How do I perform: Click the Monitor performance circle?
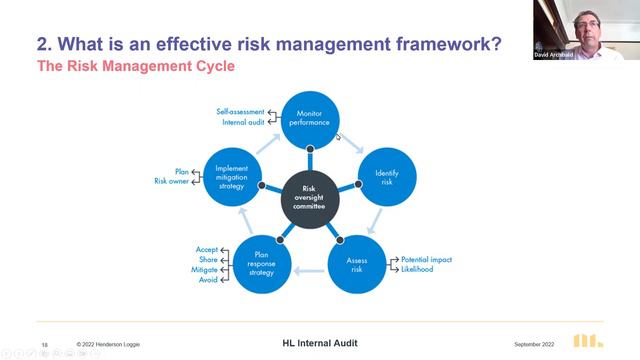[x=310, y=120]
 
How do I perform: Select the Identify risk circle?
[x=386, y=179]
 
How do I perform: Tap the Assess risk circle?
[x=357, y=265]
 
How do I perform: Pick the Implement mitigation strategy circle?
[x=231, y=176]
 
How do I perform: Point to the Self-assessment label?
[x=240, y=111]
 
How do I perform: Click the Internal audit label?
[x=242, y=122]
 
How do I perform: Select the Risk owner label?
[x=171, y=181]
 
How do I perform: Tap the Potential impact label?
[x=427, y=259]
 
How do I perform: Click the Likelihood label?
[x=418, y=270]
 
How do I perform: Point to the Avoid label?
[x=207, y=280]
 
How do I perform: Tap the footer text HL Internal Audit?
[x=319, y=343]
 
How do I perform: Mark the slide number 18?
[x=44, y=344]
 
